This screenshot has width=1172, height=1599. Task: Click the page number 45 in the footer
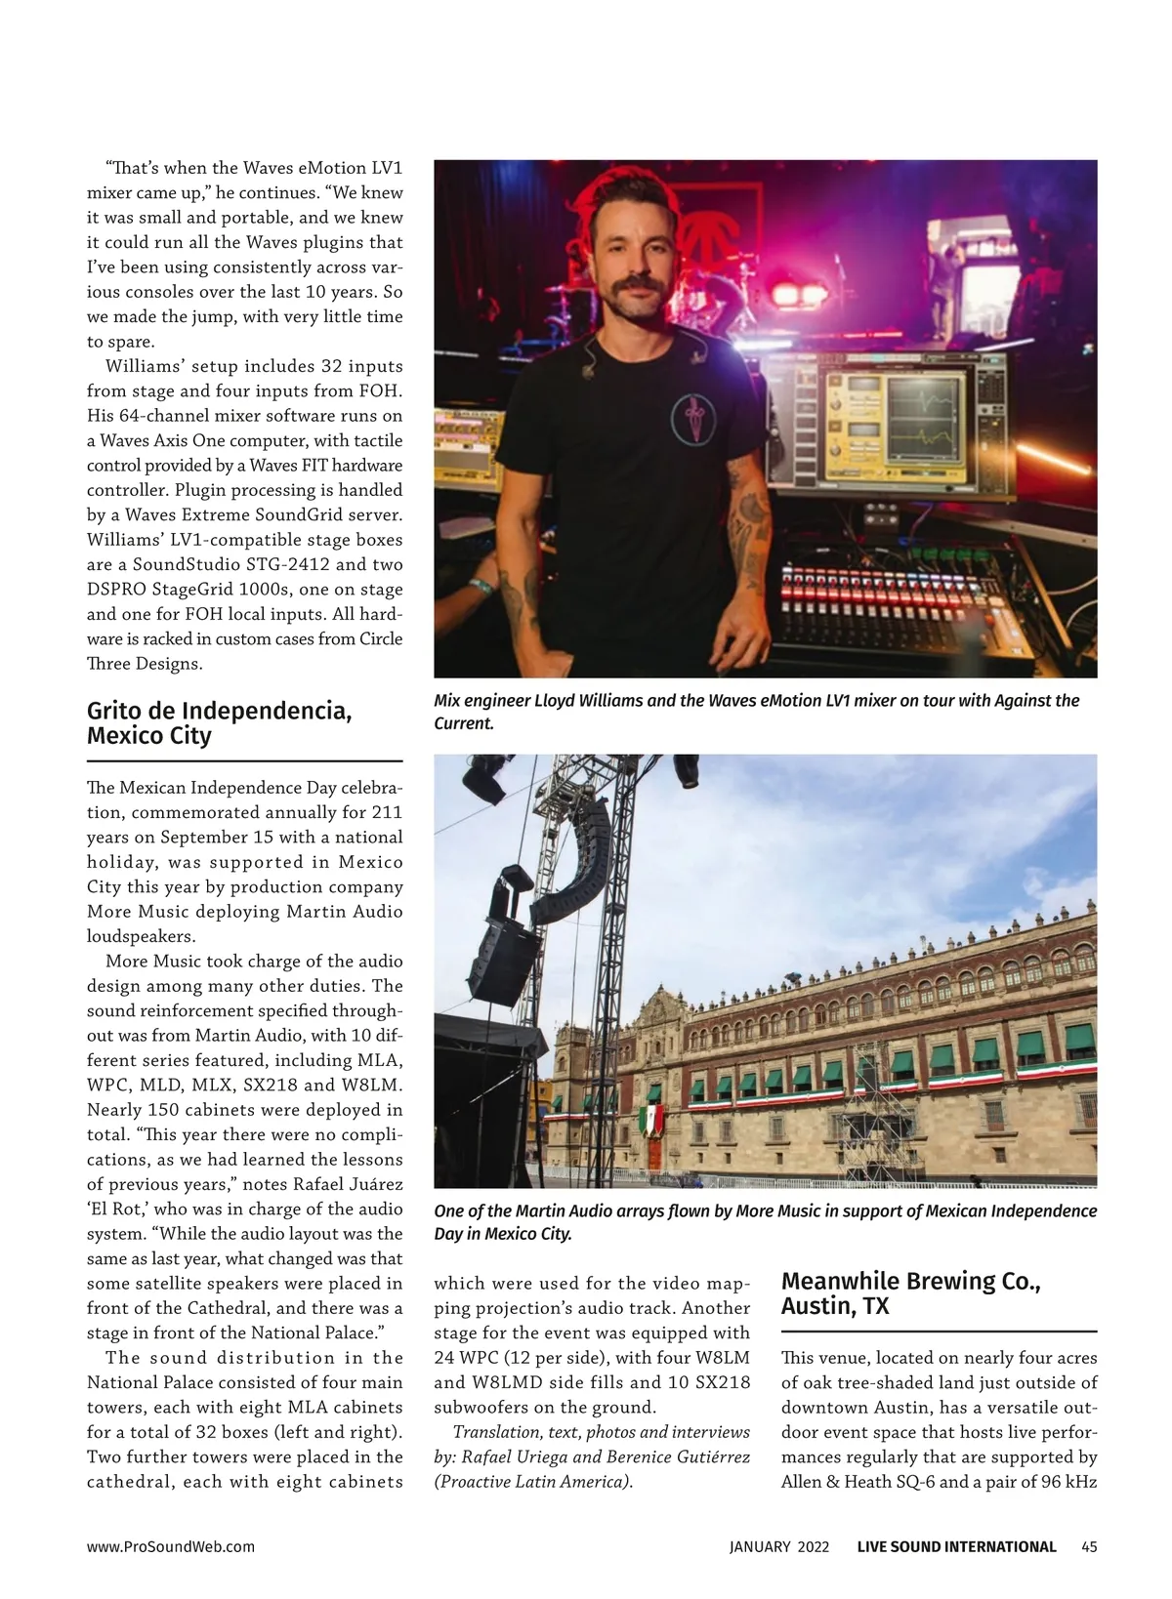coord(1089,1546)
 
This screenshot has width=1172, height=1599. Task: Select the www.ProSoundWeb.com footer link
coord(171,1546)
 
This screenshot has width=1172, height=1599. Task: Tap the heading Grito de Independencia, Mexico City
coord(219,722)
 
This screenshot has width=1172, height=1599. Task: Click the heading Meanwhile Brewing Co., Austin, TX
coord(910,1293)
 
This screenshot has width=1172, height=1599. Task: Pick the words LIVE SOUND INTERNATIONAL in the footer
coord(956,1546)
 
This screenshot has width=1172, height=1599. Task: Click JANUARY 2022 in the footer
coord(779,1546)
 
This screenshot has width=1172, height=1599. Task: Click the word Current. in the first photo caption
coord(464,723)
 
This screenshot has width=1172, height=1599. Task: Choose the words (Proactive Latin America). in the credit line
coord(534,1482)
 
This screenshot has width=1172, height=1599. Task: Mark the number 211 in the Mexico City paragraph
coord(386,812)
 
